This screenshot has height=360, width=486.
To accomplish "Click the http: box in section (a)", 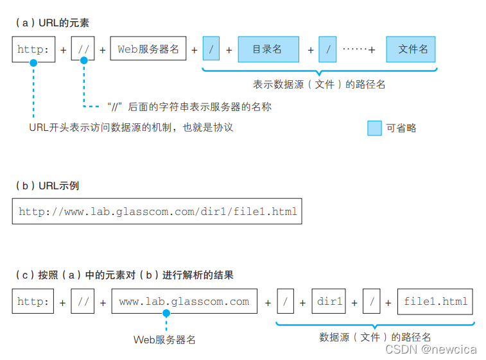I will click(x=33, y=49).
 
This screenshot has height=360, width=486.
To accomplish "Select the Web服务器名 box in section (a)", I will click(x=148, y=49).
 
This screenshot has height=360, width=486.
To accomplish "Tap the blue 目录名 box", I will click(x=268, y=49).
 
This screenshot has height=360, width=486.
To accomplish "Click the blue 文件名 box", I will click(x=412, y=49).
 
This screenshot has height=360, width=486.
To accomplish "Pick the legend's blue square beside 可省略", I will click(x=374, y=128).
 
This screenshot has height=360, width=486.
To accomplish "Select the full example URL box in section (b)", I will click(x=157, y=211).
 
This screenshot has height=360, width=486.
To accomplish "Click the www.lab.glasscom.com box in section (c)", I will click(x=184, y=302).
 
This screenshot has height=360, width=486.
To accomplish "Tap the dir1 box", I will click(x=330, y=302).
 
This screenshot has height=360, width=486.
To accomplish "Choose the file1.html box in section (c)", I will click(x=435, y=302).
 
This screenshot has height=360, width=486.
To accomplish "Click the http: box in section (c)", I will click(x=33, y=302).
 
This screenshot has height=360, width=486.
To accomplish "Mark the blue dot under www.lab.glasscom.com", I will click(x=166, y=314).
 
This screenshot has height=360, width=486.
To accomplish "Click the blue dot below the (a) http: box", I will click(x=33, y=63).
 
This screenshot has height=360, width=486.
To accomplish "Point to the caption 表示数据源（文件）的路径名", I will click(x=319, y=84).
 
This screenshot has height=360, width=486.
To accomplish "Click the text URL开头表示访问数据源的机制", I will click(x=131, y=127).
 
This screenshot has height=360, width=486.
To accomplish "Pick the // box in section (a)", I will click(x=83, y=49).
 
